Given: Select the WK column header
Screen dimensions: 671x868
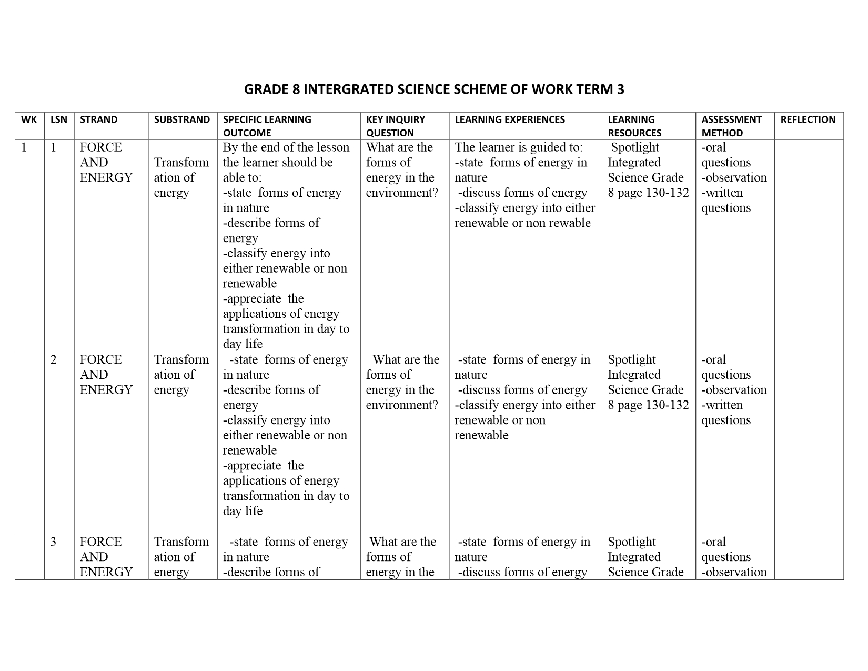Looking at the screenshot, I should coord(29,119).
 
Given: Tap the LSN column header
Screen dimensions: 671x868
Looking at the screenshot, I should coord(59,119).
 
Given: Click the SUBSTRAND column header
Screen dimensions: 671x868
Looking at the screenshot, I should coord(182,119).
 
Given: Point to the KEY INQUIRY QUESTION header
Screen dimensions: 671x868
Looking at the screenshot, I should coord(396,126).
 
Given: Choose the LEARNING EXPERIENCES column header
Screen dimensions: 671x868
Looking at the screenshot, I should coord(510,119).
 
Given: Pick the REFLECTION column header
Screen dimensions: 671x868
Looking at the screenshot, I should coord(808,119).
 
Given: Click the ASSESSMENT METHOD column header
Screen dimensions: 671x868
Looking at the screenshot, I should coord(731,126).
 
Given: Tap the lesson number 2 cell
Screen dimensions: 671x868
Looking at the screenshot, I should coord(54,360).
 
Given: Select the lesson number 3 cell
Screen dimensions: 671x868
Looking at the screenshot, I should coord(54,542).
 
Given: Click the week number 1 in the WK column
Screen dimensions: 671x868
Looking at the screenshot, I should coord(24,147).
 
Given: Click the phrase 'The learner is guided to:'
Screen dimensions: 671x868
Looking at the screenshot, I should coord(519,147).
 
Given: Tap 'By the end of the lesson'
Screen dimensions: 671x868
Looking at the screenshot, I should coord(286,147).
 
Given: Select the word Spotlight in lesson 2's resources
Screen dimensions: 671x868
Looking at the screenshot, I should coord(632,360).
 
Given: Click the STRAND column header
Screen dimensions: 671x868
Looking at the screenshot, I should coord(98,119).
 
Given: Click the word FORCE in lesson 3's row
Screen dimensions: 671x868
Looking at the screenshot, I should coord(100,542).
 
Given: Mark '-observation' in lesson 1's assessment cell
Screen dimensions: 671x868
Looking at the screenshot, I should coord(734,178).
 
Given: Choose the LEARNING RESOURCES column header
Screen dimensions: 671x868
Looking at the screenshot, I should coord(634,126).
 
